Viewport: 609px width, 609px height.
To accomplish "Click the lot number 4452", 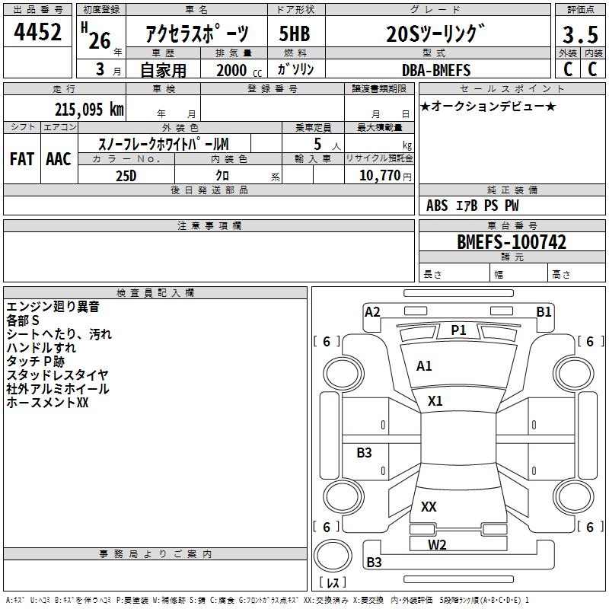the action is pyautogui.click(x=38, y=32).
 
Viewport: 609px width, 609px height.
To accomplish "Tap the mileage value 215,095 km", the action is pyautogui.click(x=89, y=109).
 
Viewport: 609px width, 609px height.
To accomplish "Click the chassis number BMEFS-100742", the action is pyautogui.click(x=512, y=242).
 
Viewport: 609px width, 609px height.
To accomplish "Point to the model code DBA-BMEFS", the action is pyautogui.click(x=436, y=70).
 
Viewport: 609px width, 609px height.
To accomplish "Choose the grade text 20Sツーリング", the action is pyautogui.click(x=435, y=33).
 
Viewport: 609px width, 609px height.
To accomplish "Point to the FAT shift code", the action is pyautogui.click(x=22, y=158).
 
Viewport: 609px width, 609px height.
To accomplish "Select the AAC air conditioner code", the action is pyautogui.click(x=59, y=158).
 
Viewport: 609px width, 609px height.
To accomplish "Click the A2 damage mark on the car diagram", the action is pyautogui.click(x=372, y=311).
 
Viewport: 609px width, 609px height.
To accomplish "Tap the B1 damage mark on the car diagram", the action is pyautogui.click(x=544, y=311).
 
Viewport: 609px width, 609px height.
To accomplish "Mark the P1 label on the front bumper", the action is pyautogui.click(x=458, y=330).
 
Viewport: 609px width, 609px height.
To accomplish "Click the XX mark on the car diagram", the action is pyautogui.click(x=429, y=506).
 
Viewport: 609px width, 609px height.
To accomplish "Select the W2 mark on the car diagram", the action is pyautogui.click(x=437, y=544).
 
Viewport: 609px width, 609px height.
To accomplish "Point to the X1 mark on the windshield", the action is pyautogui.click(x=435, y=400).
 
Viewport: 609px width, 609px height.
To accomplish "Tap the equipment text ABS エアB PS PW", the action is pyautogui.click(x=473, y=206).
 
